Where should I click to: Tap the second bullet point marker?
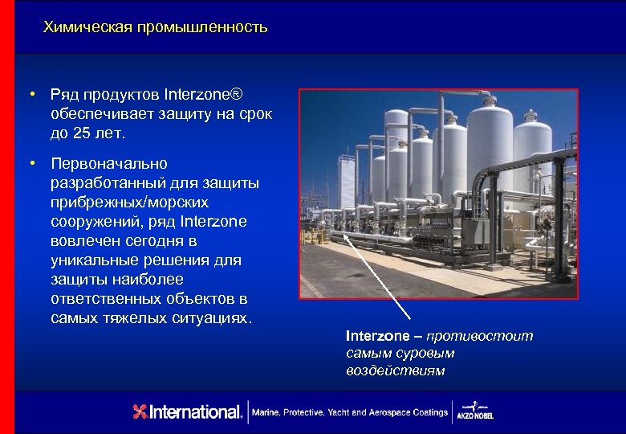click(x=30, y=165)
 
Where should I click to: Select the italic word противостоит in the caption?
click(x=480, y=336)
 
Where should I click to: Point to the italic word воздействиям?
click(x=396, y=371)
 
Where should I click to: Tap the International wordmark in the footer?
click(x=196, y=412)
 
